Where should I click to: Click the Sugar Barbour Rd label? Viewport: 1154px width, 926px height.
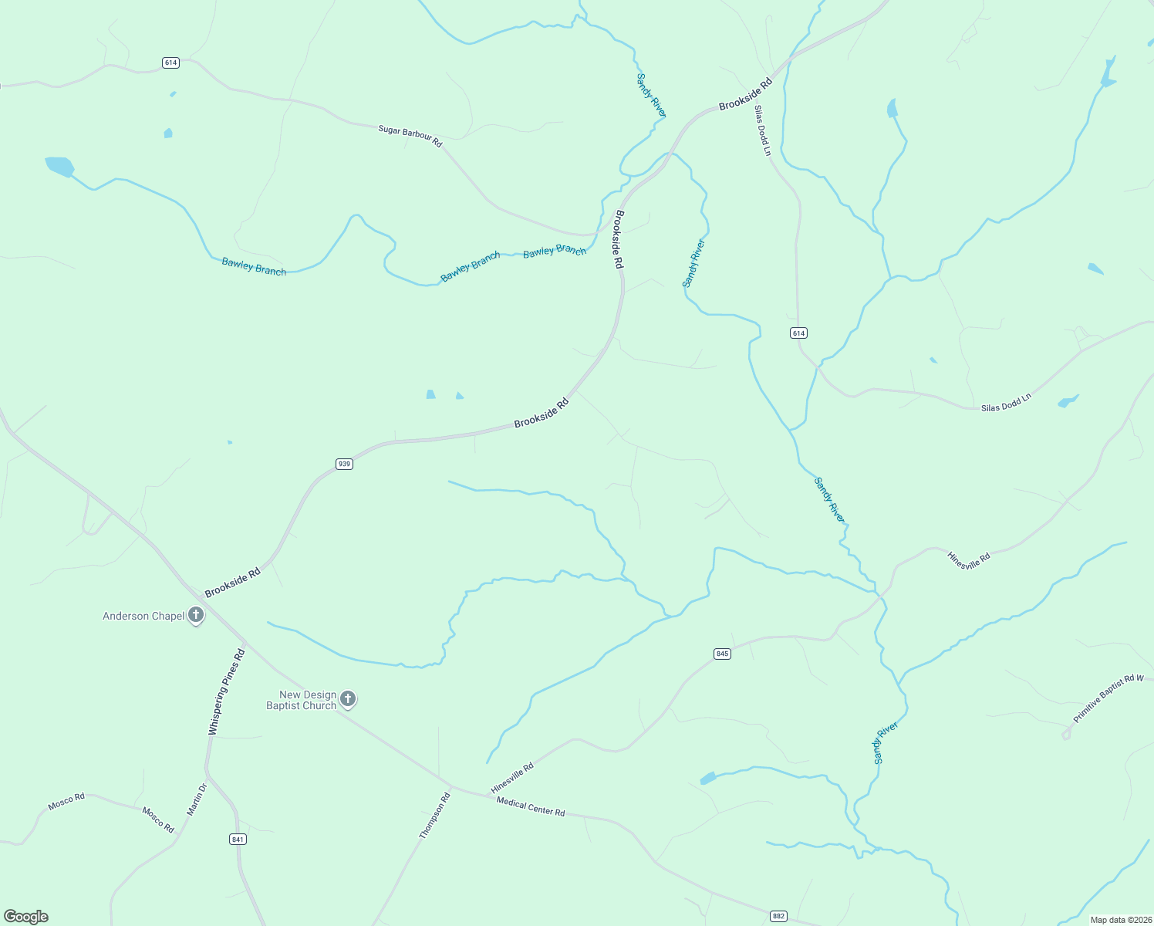[x=410, y=136]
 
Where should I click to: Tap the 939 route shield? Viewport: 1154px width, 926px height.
[x=344, y=464]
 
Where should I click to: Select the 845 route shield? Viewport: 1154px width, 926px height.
[x=722, y=654]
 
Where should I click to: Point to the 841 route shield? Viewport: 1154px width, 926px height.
[x=238, y=839]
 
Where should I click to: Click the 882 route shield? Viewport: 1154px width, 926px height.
[x=778, y=916]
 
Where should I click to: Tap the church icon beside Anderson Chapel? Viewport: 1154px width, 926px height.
[x=197, y=615]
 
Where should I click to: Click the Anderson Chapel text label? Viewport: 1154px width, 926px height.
[x=144, y=616]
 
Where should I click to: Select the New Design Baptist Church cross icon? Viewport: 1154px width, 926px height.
[x=348, y=699]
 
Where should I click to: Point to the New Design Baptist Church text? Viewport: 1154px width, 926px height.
[x=302, y=700]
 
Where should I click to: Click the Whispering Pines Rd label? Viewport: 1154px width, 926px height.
[x=226, y=691]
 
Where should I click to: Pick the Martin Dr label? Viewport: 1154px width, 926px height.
[x=197, y=799]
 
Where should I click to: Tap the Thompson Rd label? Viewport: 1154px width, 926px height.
[x=434, y=816]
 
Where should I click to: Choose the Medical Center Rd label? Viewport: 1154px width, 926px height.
[x=531, y=806]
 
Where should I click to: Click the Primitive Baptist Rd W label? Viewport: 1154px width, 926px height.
[x=1108, y=698]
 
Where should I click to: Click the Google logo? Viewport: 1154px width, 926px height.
[x=26, y=917]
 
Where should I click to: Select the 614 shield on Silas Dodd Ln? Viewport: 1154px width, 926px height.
[x=798, y=333]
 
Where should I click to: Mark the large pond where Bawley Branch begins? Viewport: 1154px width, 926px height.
[x=59, y=166]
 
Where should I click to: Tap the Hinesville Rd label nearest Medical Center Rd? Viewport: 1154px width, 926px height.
[x=512, y=779]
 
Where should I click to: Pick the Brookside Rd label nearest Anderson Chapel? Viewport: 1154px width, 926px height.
[x=232, y=583]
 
